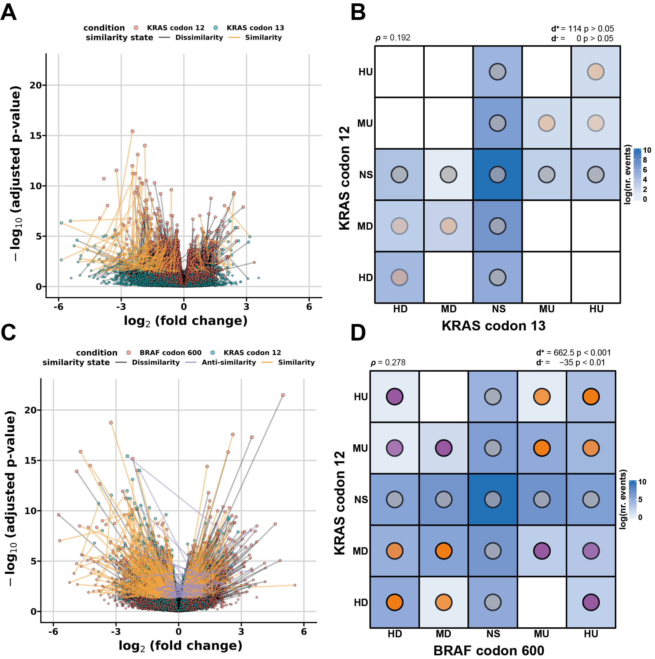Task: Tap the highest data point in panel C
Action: [x=283, y=395]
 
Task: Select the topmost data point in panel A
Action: [x=132, y=131]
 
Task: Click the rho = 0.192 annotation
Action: [x=393, y=38]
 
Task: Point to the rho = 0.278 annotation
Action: [x=388, y=363]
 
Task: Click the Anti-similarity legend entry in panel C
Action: [x=228, y=363]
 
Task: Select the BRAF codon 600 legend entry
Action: [x=170, y=353]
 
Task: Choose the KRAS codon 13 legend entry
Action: [x=255, y=28]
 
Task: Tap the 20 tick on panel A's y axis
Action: [x=36, y=85]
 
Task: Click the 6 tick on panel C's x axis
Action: [x=304, y=632]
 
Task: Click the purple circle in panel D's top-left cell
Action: [x=394, y=397]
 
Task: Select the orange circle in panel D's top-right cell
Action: [x=591, y=397]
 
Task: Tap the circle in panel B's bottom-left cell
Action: [x=399, y=277]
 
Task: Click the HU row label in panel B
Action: [x=366, y=72]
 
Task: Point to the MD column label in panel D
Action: [x=443, y=634]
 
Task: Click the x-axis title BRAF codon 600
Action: [x=489, y=651]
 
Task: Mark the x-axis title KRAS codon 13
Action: [x=493, y=326]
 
